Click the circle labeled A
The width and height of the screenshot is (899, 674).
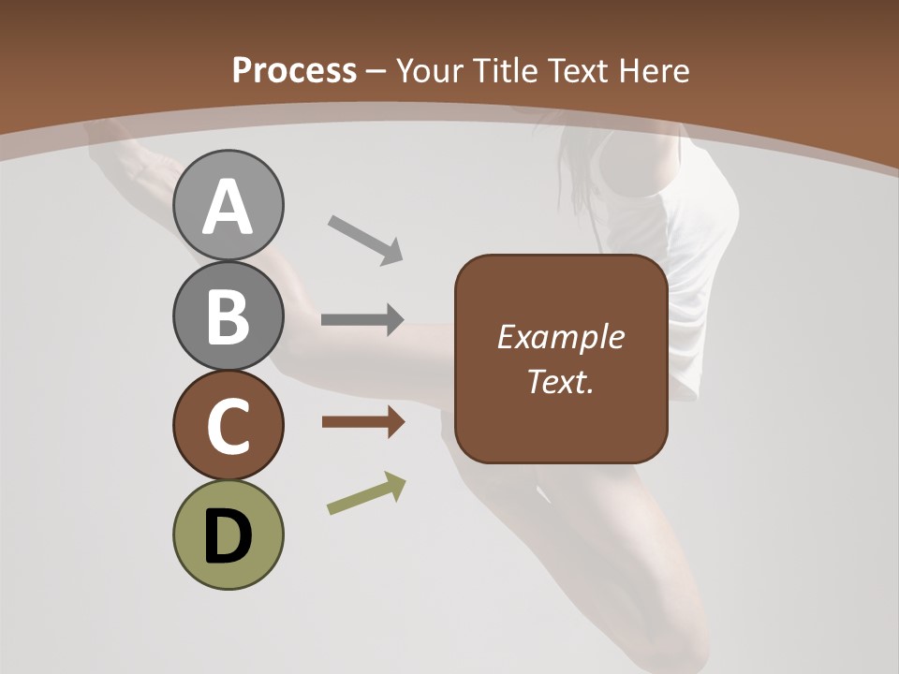228,205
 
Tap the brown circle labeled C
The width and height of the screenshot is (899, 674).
228,425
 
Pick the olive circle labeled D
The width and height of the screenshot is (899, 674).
228,535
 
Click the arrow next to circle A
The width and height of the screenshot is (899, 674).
365,239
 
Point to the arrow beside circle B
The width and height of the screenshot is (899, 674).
362,320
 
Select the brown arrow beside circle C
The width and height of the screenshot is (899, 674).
362,422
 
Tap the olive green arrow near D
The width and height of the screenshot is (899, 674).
366,494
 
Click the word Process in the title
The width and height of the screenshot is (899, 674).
294,71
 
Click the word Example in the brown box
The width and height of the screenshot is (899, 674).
560,337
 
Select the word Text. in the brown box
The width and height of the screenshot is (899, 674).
560,381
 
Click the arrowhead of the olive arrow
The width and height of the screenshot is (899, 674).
395,485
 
